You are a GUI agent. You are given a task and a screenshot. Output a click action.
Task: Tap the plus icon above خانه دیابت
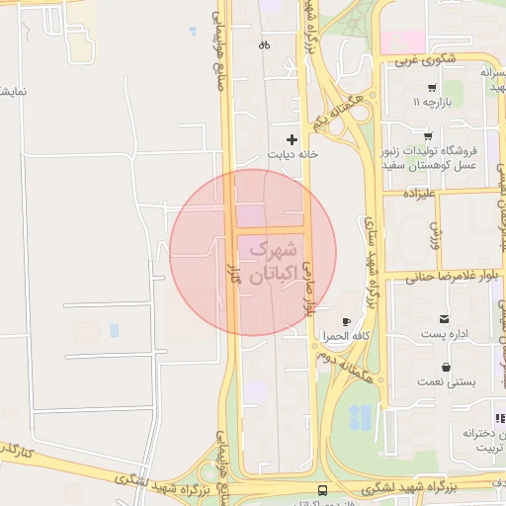pyautogui.click(x=291, y=140)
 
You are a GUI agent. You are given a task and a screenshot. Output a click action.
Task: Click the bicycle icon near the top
pyautogui.click(x=264, y=44)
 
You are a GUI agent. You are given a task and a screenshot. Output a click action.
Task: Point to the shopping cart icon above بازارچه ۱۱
pyautogui.click(x=432, y=87)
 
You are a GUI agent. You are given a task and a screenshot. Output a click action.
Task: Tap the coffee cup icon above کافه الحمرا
pyautogui.click(x=346, y=322)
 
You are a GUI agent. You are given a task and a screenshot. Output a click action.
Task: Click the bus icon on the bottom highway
pyautogui.click(x=322, y=490)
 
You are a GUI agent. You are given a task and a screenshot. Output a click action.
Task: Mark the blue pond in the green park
pyautogui.click(x=361, y=418)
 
